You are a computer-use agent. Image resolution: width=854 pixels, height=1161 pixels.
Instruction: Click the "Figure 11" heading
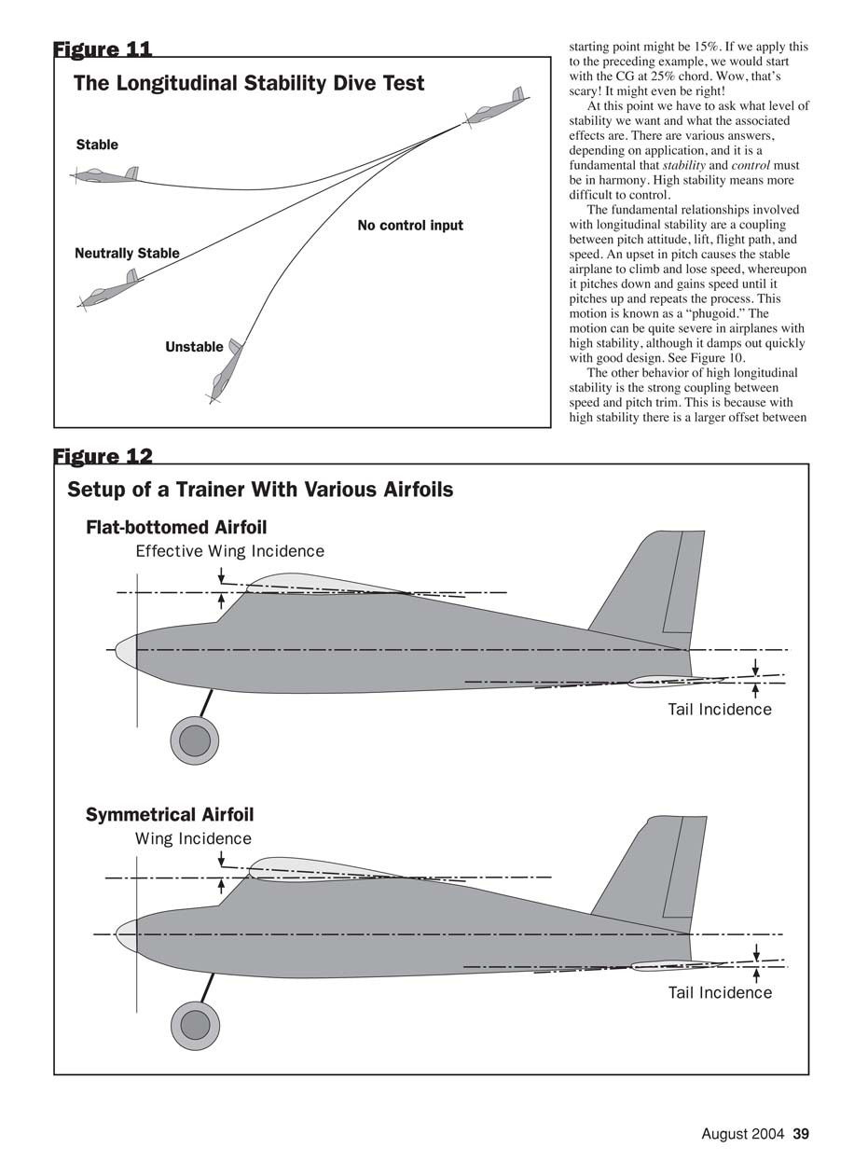(103, 48)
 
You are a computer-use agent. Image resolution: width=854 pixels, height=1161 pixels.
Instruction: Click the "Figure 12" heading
(103, 456)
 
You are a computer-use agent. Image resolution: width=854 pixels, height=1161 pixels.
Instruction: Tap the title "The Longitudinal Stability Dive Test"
(249, 84)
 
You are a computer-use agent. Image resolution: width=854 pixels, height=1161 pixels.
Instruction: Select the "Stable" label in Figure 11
(97, 145)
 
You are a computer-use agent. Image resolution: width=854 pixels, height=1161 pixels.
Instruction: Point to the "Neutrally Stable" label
(127, 254)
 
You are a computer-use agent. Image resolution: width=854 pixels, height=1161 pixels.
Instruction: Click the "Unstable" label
(194, 347)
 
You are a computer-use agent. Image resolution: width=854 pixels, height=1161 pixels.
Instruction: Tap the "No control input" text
(410, 226)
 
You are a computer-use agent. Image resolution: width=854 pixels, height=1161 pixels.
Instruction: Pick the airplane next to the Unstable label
(225, 369)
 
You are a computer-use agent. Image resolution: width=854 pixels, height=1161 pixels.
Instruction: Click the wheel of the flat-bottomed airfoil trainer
(194, 740)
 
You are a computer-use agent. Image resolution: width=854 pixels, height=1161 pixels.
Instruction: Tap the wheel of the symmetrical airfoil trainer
(195, 1026)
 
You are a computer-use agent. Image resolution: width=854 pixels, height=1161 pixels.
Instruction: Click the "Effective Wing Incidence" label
(230, 551)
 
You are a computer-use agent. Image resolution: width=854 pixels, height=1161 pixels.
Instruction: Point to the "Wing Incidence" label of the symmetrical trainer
(193, 838)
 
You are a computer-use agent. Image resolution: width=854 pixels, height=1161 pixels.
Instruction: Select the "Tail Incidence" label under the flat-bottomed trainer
(720, 710)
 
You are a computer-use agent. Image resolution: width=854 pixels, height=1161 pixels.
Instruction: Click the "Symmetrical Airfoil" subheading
(170, 815)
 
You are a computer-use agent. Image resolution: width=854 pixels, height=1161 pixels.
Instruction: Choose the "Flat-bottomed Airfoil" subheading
(176, 528)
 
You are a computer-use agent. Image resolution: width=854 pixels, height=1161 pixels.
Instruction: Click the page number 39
(801, 1134)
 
